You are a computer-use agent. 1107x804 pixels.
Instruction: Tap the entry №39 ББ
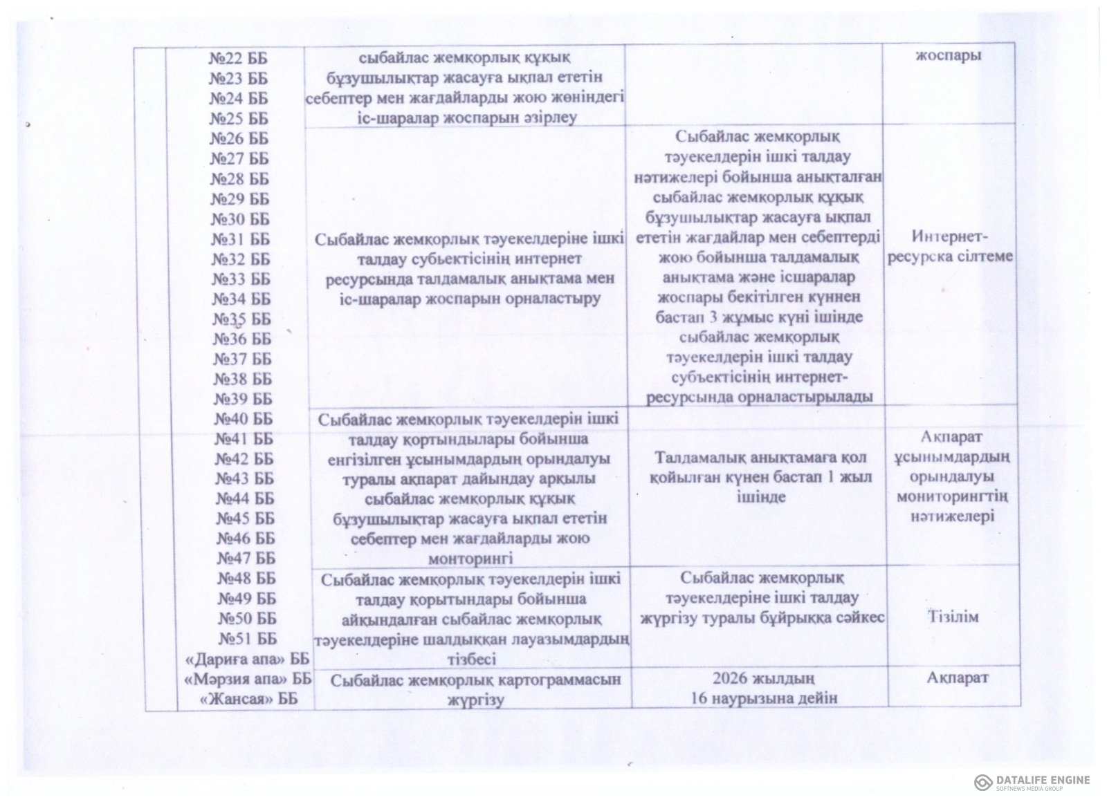click(x=242, y=399)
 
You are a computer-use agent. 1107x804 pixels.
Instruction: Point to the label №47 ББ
click(x=246, y=558)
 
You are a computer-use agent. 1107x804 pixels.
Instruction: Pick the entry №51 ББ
click(x=247, y=638)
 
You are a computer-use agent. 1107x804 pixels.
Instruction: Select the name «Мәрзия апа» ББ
click(x=248, y=679)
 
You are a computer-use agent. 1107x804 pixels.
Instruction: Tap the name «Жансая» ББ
click(x=248, y=699)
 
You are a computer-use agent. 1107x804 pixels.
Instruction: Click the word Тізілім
click(x=953, y=617)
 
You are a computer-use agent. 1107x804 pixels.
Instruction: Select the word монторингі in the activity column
click(x=469, y=558)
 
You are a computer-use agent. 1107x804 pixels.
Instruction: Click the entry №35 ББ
click(x=241, y=319)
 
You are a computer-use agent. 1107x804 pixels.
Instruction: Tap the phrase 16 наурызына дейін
click(x=764, y=698)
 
